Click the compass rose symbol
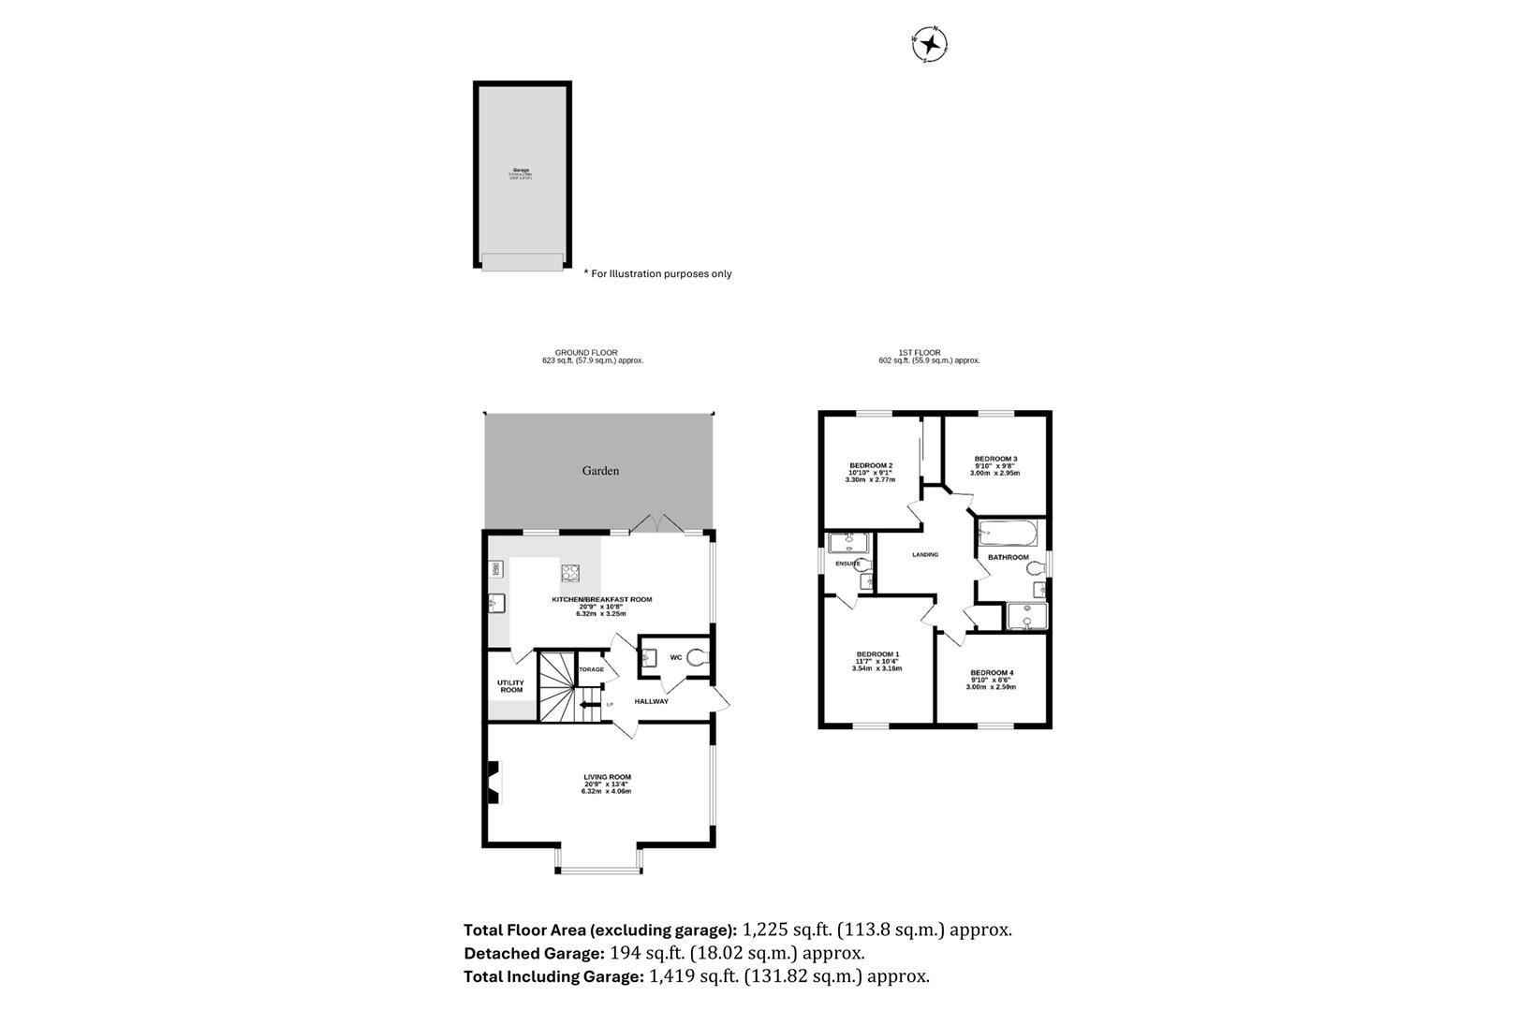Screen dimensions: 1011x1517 [x=930, y=44]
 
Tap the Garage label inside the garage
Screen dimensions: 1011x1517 [x=521, y=170]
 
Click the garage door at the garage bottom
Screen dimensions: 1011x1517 [x=523, y=261]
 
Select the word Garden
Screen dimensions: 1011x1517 [x=600, y=471]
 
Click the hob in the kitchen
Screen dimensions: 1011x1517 [x=570, y=573]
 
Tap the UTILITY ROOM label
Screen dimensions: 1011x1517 [x=510, y=686]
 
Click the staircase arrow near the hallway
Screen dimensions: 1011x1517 [x=590, y=705]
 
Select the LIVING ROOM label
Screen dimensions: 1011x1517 [x=607, y=777]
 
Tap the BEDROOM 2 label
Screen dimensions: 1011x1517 [x=870, y=465]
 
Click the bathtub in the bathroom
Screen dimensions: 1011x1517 [x=1008, y=535]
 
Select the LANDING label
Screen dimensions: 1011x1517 [x=924, y=555]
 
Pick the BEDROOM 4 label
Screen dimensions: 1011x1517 [x=992, y=673]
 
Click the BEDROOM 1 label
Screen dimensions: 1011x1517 [x=877, y=654]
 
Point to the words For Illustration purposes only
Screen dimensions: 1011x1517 [x=661, y=274]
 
